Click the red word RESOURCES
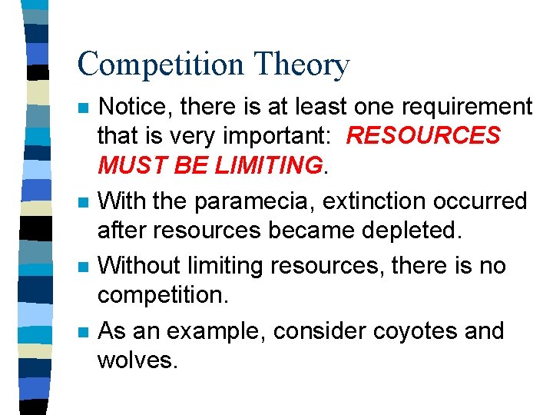click(x=423, y=136)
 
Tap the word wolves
click(x=136, y=360)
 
